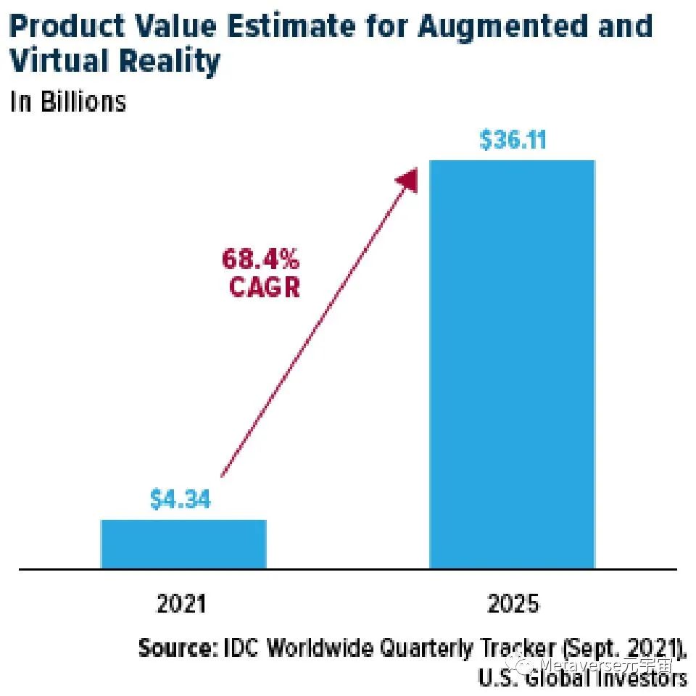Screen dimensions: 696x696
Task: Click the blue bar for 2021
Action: coord(183,543)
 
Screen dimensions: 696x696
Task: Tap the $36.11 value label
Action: coord(512,140)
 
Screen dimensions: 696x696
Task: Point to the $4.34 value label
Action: coord(181,500)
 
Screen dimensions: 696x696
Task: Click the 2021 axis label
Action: coord(181,603)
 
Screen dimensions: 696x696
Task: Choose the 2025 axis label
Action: coord(514,603)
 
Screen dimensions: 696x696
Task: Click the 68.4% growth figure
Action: coord(260,257)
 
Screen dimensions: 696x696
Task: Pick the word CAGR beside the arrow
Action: coord(265,288)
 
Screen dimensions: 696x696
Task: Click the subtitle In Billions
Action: coord(68,101)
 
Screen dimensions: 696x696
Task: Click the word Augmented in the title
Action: coord(500,27)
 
